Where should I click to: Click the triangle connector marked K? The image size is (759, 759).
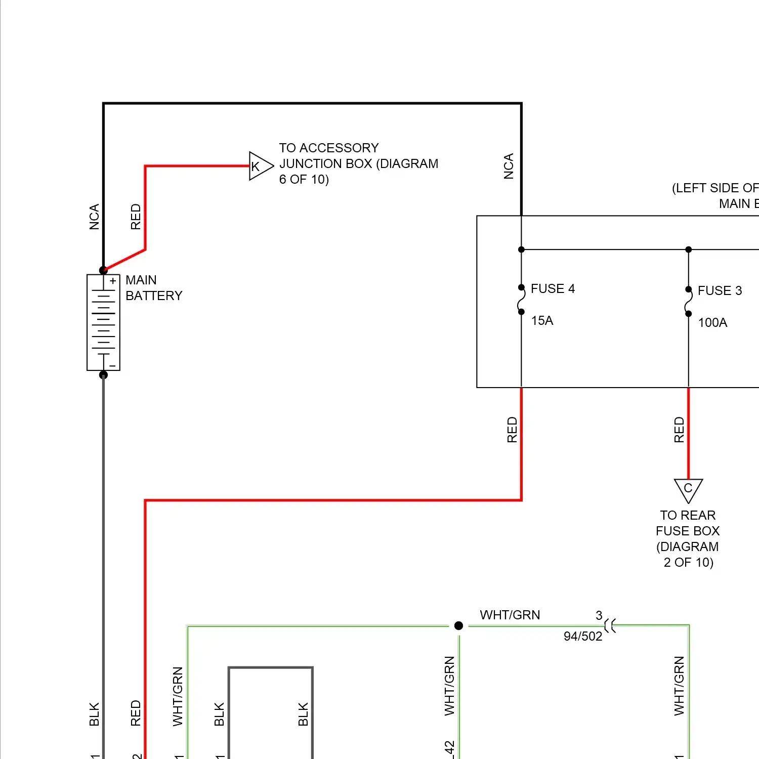pos(260,166)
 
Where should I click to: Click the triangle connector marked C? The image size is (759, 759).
pos(688,489)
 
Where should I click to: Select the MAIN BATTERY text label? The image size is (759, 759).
pos(154,288)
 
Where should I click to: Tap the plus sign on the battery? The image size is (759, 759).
pos(113,281)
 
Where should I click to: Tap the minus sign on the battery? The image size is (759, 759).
pos(113,365)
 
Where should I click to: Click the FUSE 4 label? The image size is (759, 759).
pos(553,289)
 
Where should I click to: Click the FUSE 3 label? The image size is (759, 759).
pos(720,291)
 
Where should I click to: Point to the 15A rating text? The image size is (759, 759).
pos(542,321)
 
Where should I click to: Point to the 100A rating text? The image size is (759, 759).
pos(712,323)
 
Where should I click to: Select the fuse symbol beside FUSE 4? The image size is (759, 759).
pos(521,300)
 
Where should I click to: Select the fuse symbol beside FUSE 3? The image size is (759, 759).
pos(688,302)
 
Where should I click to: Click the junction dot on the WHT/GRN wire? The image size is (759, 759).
pos(459,626)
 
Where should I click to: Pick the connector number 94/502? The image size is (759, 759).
pos(583,637)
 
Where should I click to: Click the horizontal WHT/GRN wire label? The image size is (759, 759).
pos(510,615)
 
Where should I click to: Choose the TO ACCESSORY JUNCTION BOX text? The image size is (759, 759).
pos(358,163)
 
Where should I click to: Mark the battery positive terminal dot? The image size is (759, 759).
pos(103,270)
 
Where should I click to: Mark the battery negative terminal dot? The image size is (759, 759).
pos(103,375)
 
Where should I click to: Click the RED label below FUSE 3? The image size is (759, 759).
pos(679,430)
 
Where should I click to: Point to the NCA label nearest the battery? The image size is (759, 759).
pos(95,217)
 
